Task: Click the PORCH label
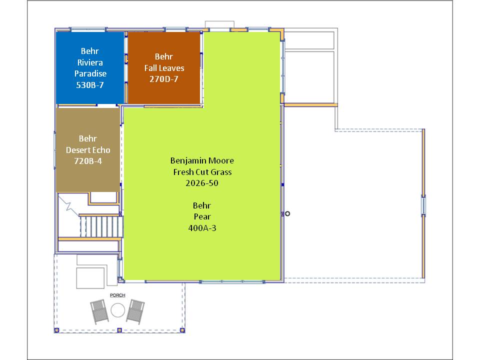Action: pos(117,295)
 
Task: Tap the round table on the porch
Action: pos(118,310)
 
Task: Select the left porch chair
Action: pos(99,311)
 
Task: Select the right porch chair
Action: pos(135,311)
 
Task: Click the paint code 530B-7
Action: pos(90,85)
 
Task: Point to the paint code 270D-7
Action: pos(164,79)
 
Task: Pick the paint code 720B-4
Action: pos(88,161)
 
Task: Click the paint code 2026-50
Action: pos(202,183)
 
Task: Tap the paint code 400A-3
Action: pos(202,228)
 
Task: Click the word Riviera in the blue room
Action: pos(90,62)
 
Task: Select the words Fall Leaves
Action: pos(164,67)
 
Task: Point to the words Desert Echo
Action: pos(88,150)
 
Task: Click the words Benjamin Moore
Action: pos(202,160)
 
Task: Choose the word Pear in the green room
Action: pos(202,216)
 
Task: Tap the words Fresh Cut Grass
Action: pos(202,172)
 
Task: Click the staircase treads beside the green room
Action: pos(101,226)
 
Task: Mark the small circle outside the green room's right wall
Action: pos(287,213)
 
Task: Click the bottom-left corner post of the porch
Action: pos(56,330)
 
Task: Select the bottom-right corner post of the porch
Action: pos(182,330)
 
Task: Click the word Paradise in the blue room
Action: pos(90,73)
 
